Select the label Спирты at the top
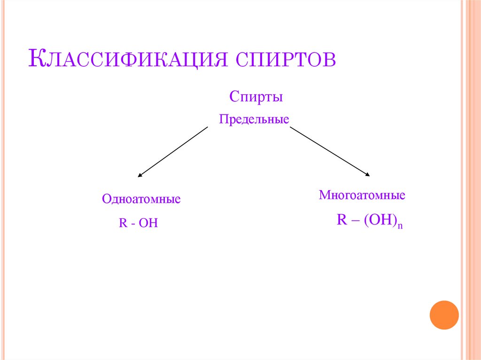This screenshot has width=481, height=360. (256, 98)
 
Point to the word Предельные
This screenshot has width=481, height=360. (254, 120)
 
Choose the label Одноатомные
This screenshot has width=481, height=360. (141, 199)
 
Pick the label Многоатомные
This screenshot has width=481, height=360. (362, 195)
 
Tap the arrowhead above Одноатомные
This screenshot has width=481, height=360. (140, 176)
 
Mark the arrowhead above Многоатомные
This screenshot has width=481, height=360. (367, 175)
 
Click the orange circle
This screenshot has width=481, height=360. (444, 314)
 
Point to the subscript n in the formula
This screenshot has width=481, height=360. (401, 226)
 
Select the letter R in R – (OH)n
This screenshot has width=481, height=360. (341, 220)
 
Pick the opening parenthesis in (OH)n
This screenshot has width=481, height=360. (364, 221)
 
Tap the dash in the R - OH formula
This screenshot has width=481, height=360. (133, 223)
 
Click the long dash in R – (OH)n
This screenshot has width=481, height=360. (353, 221)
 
